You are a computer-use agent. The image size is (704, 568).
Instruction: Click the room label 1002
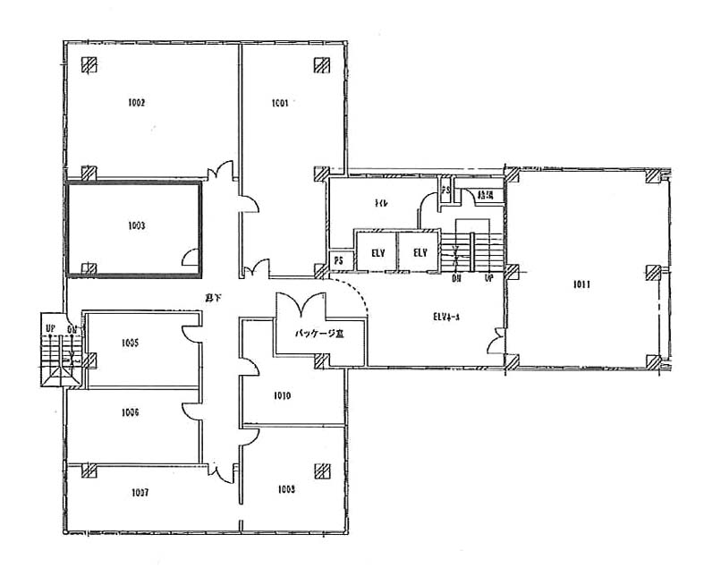coord(137,103)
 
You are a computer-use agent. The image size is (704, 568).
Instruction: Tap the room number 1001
coord(280,103)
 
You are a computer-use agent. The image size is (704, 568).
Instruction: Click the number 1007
coord(139,492)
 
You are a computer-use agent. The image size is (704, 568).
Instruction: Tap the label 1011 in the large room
coord(581,285)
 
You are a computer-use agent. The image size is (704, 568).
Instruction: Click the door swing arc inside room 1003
coord(190,259)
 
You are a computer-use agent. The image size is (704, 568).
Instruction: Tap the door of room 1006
coord(191,410)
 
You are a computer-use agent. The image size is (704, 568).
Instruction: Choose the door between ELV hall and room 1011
coord(494,341)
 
